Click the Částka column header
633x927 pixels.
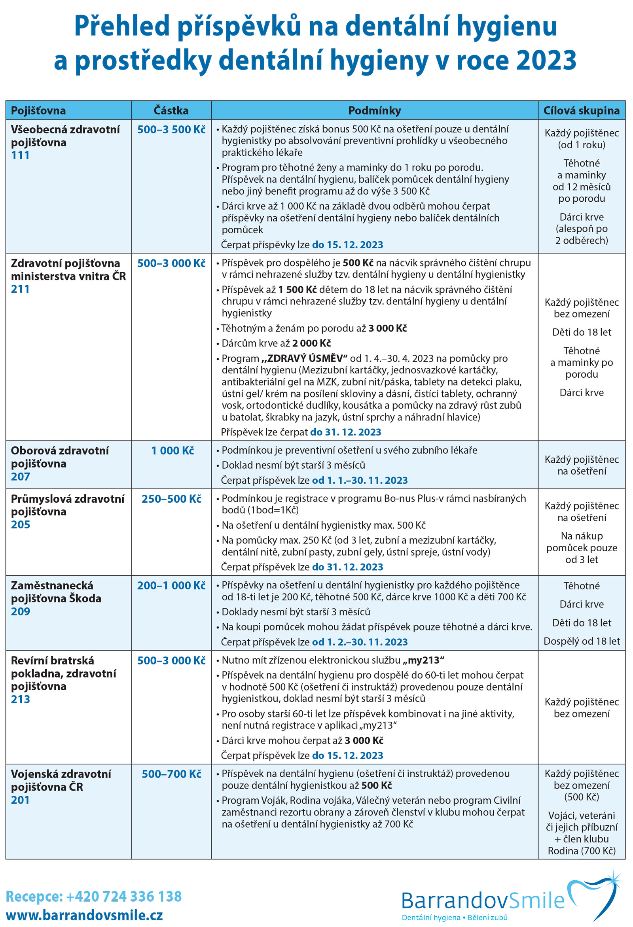pos(171,110)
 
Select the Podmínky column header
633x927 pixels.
pos(374,110)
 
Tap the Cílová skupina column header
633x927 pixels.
pos(581,110)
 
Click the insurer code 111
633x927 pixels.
pos(20,155)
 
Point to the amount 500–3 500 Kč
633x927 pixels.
pos(171,129)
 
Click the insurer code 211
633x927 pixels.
pos(20,289)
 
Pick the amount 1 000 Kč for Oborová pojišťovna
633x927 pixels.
pos(172,450)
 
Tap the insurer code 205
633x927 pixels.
pos(20,524)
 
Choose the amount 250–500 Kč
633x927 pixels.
pos(171,499)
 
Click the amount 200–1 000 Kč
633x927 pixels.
pos(171,585)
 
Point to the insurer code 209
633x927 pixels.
pos(20,611)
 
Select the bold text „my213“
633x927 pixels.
pos(423,660)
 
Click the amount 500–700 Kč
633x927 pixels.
pos(171,774)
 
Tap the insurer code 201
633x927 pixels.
pos(20,800)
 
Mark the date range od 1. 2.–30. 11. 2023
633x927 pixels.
pos(360,642)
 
